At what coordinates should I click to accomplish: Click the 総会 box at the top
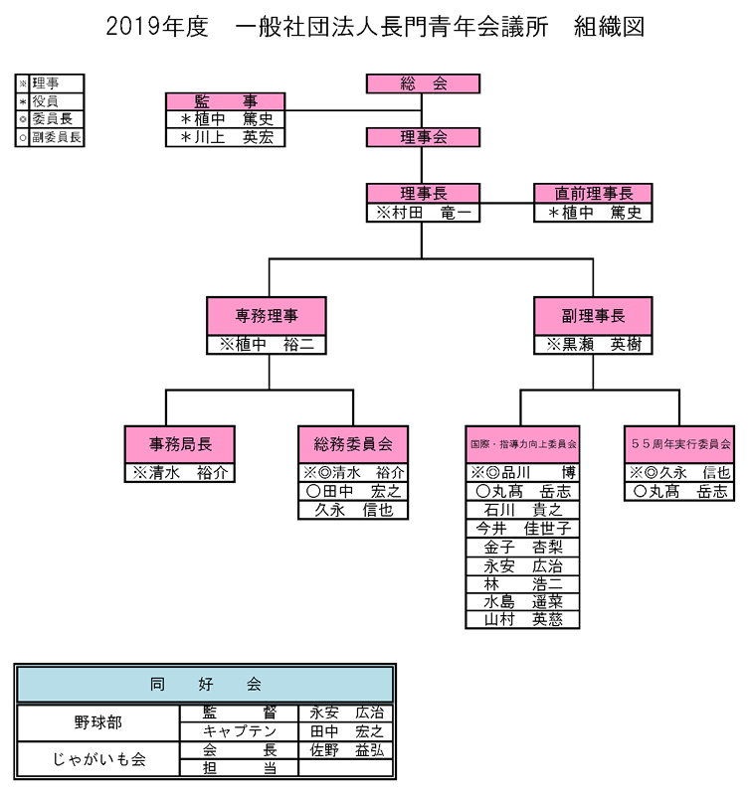(423, 84)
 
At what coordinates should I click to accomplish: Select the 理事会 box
(423, 137)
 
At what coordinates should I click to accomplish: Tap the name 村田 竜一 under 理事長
(423, 213)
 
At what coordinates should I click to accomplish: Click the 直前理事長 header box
(593, 194)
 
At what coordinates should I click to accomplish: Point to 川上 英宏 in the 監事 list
(225, 138)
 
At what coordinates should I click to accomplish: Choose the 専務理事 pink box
(267, 316)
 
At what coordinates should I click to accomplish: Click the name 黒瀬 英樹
(593, 345)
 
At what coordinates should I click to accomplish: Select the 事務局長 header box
(180, 443)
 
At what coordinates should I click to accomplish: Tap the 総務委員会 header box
(353, 443)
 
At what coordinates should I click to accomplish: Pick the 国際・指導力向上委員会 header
(522, 443)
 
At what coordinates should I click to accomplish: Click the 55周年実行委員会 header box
(680, 443)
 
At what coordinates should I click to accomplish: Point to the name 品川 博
(522, 472)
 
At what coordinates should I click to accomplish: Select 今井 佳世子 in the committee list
(522, 528)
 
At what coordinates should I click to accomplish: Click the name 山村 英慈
(522, 619)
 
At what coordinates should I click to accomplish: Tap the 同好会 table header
(205, 684)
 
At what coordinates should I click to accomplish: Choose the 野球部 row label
(99, 721)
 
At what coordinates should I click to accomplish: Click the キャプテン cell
(239, 731)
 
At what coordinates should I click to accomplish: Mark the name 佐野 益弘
(345, 750)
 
